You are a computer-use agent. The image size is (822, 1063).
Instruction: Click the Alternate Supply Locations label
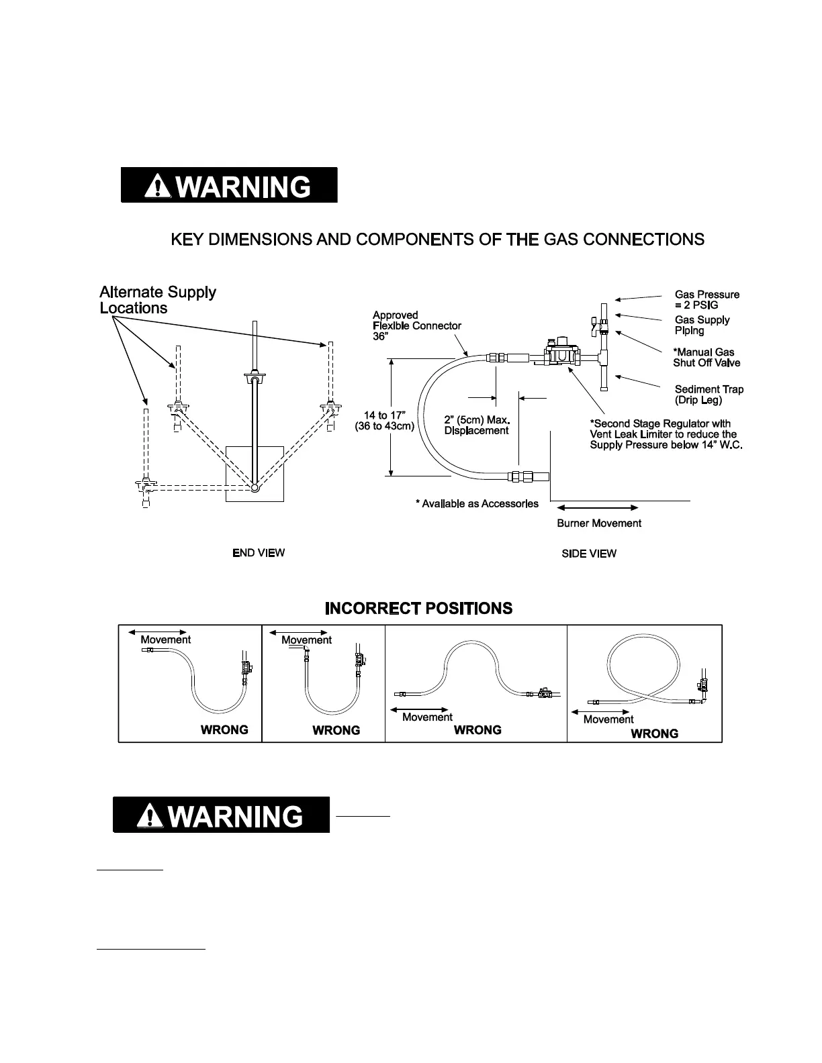pyautogui.click(x=158, y=300)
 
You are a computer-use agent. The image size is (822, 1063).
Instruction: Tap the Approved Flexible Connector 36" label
pyautogui.click(x=416, y=325)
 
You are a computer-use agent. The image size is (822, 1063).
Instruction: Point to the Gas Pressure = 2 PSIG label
pyautogui.click(x=706, y=299)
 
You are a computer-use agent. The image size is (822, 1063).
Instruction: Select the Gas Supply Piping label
pyautogui.click(x=702, y=325)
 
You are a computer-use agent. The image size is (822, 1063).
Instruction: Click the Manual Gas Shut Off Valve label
pyautogui.click(x=706, y=357)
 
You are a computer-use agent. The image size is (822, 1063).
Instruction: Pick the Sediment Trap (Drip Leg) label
pyautogui.click(x=709, y=395)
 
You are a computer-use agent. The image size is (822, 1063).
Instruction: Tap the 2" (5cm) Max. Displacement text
pyautogui.click(x=477, y=425)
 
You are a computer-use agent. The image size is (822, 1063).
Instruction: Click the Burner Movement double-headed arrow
pyautogui.click(x=597, y=507)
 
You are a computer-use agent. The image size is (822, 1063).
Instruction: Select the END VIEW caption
pyautogui.click(x=259, y=553)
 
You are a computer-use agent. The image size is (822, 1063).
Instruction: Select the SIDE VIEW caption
pyautogui.click(x=589, y=554)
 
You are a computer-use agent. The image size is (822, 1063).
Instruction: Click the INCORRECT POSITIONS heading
pyautogui.click(x=418, y=609)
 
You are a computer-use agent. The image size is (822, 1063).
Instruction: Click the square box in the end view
pyautogui.click(x=255, y=474)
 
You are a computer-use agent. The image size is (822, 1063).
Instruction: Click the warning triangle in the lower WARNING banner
pyautogui.click(x=149, y=816)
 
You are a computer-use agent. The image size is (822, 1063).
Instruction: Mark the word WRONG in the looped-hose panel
pyautogui.click(x=654, y=733)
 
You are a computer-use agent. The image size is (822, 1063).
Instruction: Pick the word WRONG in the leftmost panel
pyautogui.click(x=224, y=729)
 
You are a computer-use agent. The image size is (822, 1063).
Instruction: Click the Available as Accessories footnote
pyautogui.click(x=477, y=503)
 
